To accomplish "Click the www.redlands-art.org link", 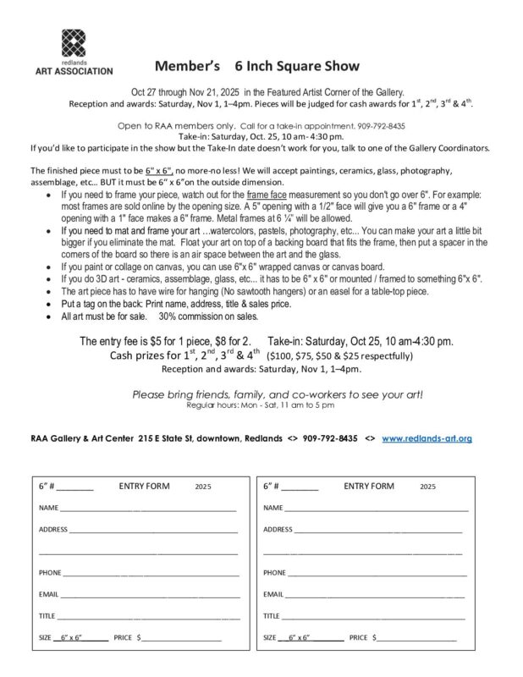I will pos(427,438).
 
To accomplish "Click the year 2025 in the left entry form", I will pos(203,487).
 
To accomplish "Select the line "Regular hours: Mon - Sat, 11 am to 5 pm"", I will pos(261,405).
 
